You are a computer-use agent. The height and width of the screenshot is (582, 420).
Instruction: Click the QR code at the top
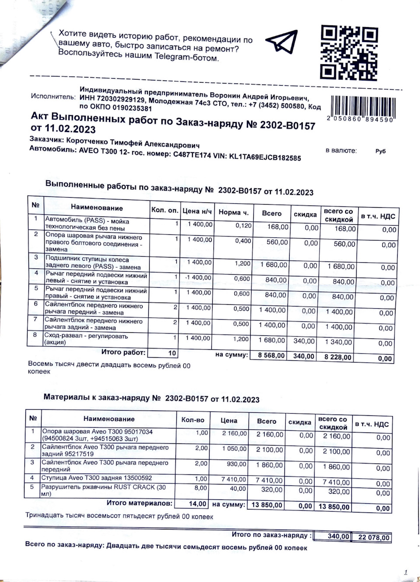pyautogui.click(x=349, y=52)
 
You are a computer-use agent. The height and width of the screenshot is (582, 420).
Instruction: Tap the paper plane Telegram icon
pyautogui.click(x=282, y=42)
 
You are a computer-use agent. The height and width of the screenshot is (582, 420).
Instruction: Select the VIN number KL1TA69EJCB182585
pyautogui.click(x=265, y=157)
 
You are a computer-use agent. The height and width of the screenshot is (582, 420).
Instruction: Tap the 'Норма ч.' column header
pyautogui.click(x=233, y=213)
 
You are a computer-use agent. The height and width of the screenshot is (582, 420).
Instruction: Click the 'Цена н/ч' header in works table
pyautogui.click(x=197, y=211)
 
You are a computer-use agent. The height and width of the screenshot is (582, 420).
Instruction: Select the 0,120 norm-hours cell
pyautogui.click(x=243, y=226)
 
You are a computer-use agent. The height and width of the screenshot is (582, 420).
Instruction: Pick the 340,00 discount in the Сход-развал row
pyautogui.click(x=304, y=341)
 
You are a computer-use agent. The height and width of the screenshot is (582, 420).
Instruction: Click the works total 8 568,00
pyautogui.click(x=271, y=355)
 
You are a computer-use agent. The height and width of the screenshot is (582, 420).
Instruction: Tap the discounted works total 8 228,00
pyautogui.click(x=338, y=357)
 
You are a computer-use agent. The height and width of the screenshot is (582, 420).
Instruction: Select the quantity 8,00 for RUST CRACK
pyautogui.click(x=201, y=488)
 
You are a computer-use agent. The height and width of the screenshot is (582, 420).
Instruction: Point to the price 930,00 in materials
pyautogui.click(x=237, y=464)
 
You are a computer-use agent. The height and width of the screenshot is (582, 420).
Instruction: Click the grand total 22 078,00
pyautogui.click(x=374, y=537)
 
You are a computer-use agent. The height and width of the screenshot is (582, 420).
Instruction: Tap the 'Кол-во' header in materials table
pyautogui.click(x=193, y=420)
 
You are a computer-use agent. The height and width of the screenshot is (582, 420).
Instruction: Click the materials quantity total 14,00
pyautogui.click(x=197, y=504)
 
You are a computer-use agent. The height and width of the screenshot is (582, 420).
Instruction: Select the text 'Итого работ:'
pyautogui.click(x=123, y=352)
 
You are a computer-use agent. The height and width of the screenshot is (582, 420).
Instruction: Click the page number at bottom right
pyautogui.click(x=406, y=572)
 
